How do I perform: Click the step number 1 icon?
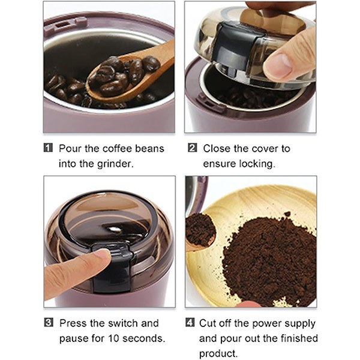[48, 148]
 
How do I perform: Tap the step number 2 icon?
[193, 148]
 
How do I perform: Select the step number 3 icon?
[49, 322]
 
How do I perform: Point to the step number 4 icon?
[190, 322]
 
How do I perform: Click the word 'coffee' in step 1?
[117, 148]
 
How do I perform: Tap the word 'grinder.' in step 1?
[115, 164]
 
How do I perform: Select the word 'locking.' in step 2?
[257, 164]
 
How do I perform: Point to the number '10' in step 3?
[113, 338]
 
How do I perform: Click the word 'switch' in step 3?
[123, 323]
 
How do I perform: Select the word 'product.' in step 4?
[218, 353]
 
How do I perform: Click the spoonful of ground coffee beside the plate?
[200, 230]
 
